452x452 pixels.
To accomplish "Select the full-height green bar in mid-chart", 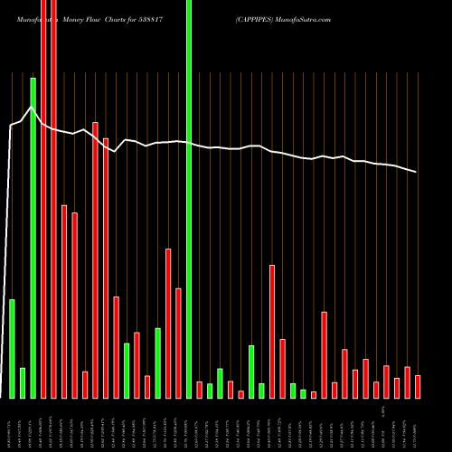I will click(189, 199).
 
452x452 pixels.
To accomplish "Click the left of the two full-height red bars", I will click(43, 199).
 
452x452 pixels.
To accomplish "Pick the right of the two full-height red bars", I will click(53, 199).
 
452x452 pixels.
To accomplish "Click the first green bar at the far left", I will click(12, 348).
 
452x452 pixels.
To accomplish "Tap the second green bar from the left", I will click(23, 382).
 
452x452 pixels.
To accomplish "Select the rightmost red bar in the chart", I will click(418, 387).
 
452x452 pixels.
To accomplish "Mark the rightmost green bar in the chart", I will click(304, 393).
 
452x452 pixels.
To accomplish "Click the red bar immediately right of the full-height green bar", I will click(199, 390).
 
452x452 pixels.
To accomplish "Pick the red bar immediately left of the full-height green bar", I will click(178, 343).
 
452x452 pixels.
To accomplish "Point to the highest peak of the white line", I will click(33, 108).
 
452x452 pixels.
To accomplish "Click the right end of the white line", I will click(417, 172).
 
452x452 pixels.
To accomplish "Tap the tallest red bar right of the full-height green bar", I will click(272, 331).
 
